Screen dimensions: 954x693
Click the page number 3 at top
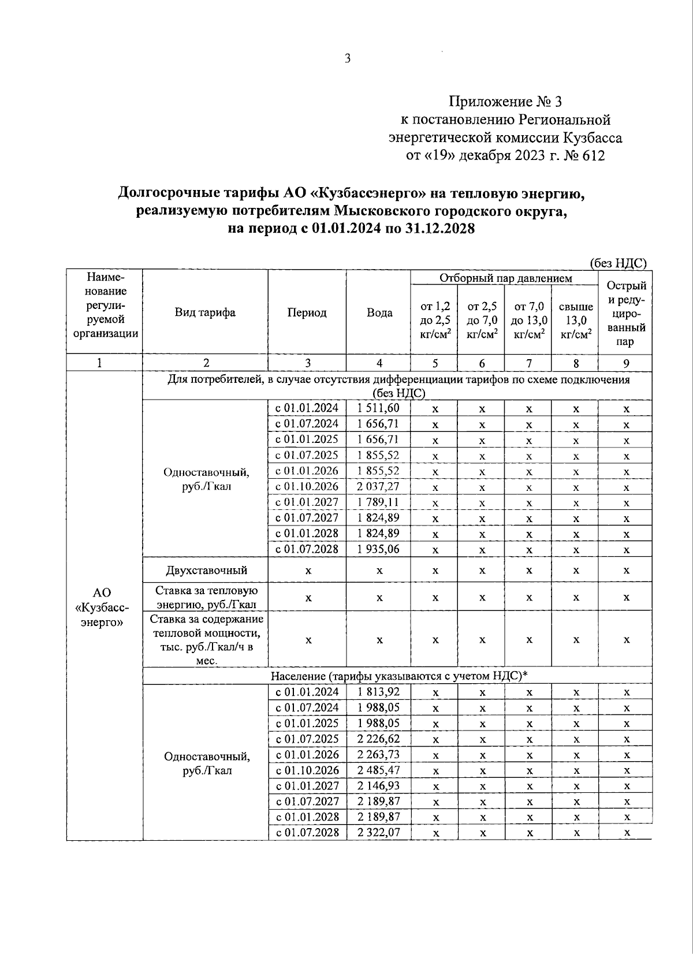tap(347, 59)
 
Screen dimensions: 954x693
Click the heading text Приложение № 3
tap(505, 102)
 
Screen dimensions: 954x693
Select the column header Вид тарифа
tap(205, 312)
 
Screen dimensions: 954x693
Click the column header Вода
tap(379, 312)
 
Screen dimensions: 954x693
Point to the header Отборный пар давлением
tap(505, 278)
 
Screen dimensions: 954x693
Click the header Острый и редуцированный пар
tap(625, 312)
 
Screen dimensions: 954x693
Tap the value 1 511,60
tap(379, 408)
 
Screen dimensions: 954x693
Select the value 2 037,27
tap(379, 486)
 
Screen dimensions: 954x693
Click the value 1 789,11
tap(379, 502)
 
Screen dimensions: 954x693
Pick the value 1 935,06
tap(379, 549)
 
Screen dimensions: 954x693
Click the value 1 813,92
tap(379, 691)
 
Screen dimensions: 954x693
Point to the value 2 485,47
tap(379, 770)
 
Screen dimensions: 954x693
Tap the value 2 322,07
tap(379, 832)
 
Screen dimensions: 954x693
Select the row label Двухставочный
tap(205, 570)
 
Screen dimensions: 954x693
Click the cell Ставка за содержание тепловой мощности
tap(205, 639)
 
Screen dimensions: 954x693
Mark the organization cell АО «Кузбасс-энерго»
tap(102, 608)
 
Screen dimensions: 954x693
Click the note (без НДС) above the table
tap(617, 263)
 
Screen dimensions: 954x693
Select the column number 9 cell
tap(625, 363)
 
